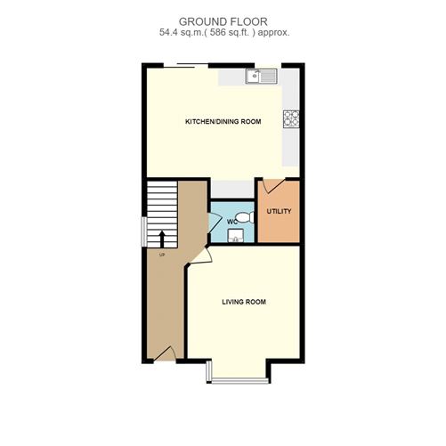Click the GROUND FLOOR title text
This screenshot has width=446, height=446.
point(222,20)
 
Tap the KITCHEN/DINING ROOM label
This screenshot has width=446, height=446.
point(223,121)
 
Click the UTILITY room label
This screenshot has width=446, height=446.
point(279,212)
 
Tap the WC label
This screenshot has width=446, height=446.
point(231,221)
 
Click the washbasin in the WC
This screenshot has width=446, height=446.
point(236,236)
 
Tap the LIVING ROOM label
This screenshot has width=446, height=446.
point(244,302)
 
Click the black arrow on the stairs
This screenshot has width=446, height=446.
point(162,238)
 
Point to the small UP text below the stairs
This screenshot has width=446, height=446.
point(162,255)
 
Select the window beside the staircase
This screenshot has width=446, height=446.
point(142,231)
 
